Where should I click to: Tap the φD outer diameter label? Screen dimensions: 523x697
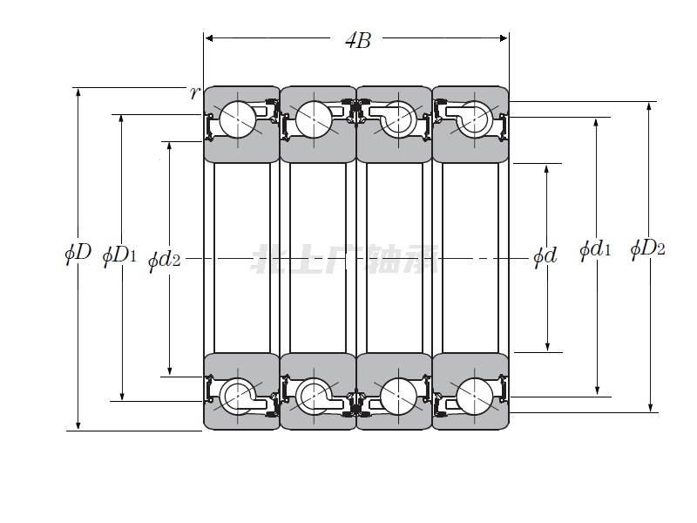[x=78, y=254]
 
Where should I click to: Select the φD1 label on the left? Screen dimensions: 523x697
[x=119, y=255]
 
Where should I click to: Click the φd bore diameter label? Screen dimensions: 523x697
[x=545, y=256]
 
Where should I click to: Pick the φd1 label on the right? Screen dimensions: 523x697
[x=595, y=250]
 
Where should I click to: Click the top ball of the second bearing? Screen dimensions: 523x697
[x=312, y=119]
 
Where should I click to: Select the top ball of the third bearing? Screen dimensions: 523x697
[x=399, y=119]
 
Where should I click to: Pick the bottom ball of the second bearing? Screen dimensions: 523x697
[x=312, y=396]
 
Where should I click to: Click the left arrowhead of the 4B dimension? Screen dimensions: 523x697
[x=208, y=38]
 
